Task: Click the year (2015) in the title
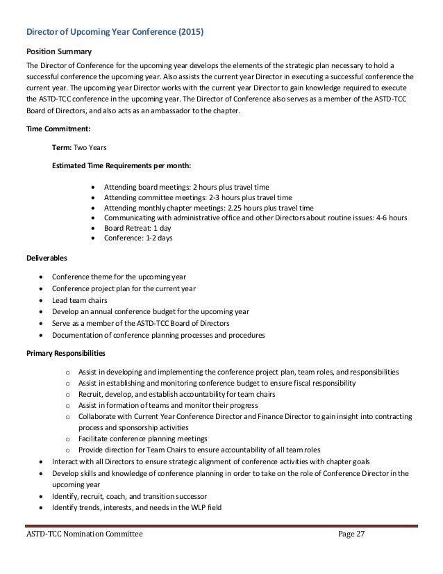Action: [191, 33]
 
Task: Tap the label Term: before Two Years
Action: [62, 148]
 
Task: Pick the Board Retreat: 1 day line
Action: [137, 228]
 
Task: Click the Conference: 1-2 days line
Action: [138, 238]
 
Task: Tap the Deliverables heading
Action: [47, 257]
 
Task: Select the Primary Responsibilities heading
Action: [66, 353]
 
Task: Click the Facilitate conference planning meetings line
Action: [143, 438]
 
